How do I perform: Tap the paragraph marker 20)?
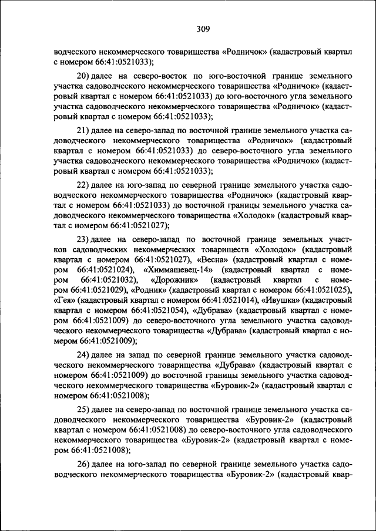click(x=83, y=76)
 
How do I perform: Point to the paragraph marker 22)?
click(x=83, y=185)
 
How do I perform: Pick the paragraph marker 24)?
click(x=83, y=356)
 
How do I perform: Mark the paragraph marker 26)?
click(x=83, y=464)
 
